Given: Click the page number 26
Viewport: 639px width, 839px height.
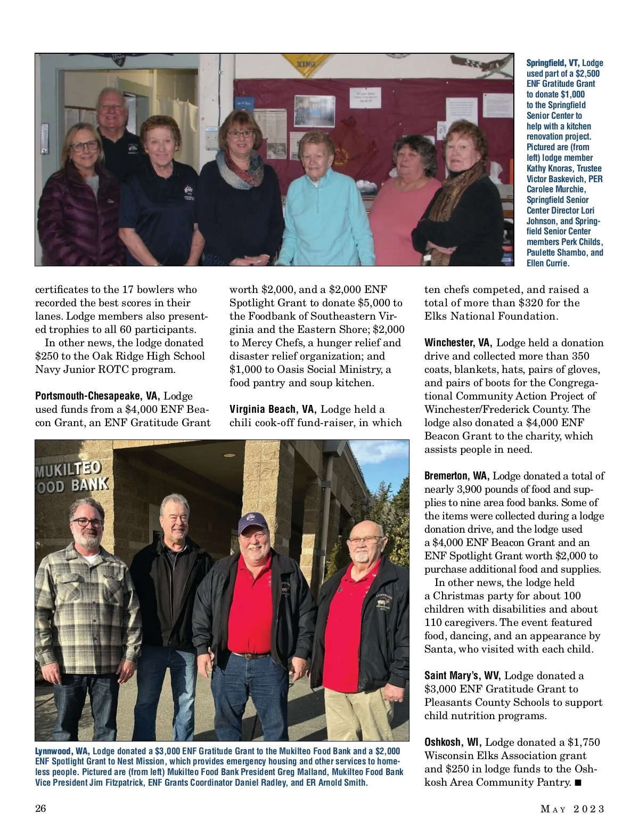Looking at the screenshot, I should click(x=40, y=809).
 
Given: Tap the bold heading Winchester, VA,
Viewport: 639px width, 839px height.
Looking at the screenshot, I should click(x=458, y=343).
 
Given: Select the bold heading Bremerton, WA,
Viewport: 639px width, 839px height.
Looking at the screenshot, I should click(x=456, y=476).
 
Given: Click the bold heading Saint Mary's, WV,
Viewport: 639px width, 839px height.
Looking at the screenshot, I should click(x=462, y=676).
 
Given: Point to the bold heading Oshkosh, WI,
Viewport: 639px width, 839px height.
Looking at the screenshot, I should click(x=453, y=743).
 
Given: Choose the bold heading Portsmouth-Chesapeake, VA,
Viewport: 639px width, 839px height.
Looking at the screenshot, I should click(x=97, y=396).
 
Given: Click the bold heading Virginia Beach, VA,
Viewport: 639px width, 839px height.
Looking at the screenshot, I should click(x=273, y=410).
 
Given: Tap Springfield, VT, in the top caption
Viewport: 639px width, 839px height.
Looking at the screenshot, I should click(x=553, y=63).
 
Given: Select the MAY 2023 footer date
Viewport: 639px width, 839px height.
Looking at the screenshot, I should click(x=572, y=809).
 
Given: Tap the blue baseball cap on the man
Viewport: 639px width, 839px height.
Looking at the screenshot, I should click(x=252, y=522).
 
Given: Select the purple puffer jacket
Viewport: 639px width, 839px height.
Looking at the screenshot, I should click(x=75, y=218).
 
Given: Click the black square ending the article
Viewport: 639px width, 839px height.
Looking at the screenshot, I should click(x=578, y=783).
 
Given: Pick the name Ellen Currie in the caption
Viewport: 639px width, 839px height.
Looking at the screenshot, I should click(x=547, y=263).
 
